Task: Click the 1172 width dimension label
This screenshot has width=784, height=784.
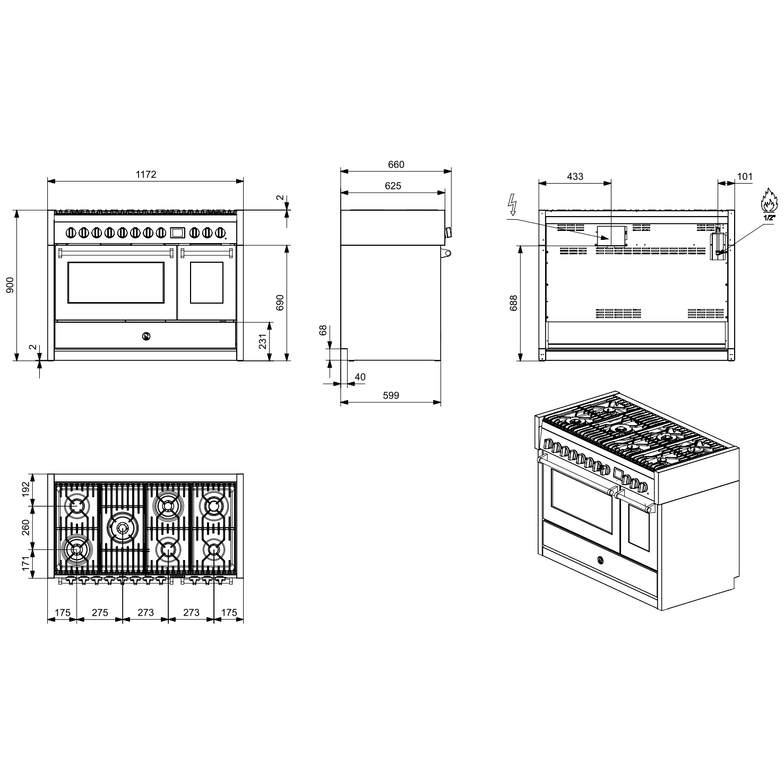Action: [146, 174]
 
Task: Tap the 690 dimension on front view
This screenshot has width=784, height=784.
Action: [281, 303]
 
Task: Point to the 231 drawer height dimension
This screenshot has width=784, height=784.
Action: [263, 341]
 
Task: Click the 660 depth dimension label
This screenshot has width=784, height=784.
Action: [396, 165]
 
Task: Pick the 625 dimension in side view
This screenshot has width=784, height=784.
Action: [393, 186]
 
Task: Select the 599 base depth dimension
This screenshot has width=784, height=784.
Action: [391, 395]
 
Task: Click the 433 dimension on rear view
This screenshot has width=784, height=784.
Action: [575, 176]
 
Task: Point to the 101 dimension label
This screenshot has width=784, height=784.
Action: [745, 176]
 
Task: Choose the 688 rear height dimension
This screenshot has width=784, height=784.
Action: [513, 303]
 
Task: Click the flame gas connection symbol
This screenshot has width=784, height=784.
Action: [769, 201]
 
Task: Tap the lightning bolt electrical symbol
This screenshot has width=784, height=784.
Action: [512, 204]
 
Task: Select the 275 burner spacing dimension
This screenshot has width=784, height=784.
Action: [100, 613]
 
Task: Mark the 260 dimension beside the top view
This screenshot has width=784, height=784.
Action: [25, 528]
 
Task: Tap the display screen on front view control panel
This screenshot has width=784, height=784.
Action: [177, 232]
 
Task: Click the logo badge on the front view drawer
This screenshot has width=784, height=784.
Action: [146, 335]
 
